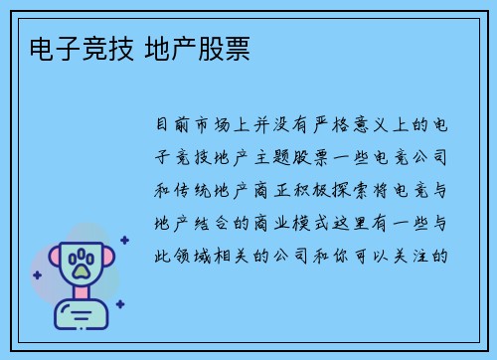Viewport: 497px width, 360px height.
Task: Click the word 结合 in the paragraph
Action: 214,222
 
